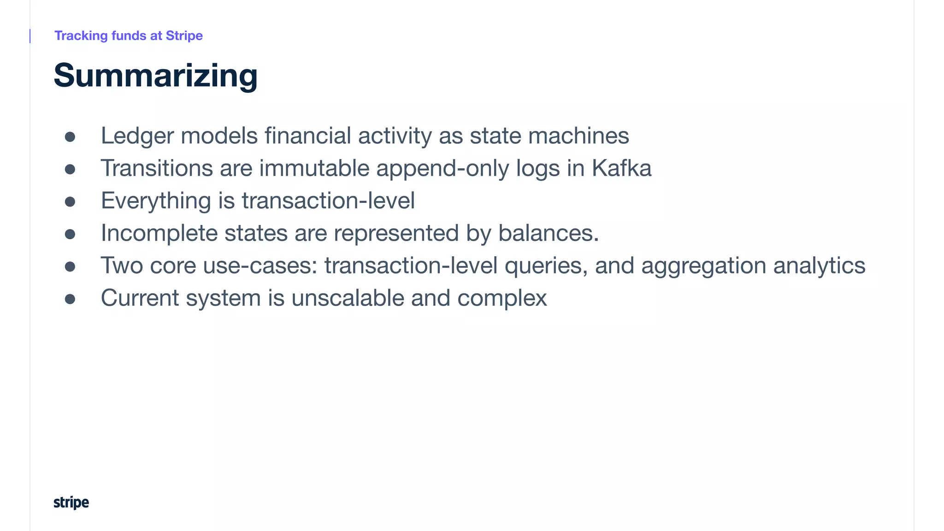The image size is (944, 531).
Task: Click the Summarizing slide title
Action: (x=155, y=76)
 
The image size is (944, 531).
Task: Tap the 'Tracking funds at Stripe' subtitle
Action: (x=128, y=35)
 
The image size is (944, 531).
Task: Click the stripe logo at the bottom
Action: (x=71, y=502)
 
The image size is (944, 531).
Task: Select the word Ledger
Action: (x=137, y=136)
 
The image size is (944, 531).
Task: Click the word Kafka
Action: (x=621, y=168)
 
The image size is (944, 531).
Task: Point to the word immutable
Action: (x=314, y=168)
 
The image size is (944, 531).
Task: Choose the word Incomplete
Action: (x=159, y=233)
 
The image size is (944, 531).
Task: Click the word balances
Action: (x=548, y=233)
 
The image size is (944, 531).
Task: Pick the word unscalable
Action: (x=348, y=298)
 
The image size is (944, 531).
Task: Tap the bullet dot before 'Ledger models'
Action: (x=70, y=137)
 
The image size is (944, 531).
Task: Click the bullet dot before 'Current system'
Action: (x=70, y=299)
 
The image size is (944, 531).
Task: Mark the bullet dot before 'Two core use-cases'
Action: (x=70, y=266)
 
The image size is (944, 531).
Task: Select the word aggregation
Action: (x=703, y=266)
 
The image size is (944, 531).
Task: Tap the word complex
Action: (x=501, y=298)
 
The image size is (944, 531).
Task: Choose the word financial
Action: (x=307, y=136)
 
